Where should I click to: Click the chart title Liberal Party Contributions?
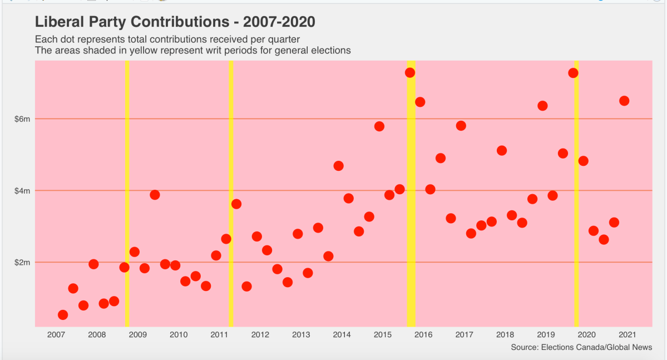175,22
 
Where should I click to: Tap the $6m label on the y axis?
22,119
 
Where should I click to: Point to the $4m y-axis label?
22,191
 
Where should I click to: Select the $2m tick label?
22,262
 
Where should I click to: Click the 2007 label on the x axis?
56,334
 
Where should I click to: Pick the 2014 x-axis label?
342,334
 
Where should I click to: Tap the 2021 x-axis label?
628,334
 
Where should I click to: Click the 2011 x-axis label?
219,334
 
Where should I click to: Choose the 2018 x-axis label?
505,334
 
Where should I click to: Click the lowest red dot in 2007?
63,315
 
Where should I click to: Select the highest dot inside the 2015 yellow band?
410,73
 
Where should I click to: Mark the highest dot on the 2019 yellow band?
573,73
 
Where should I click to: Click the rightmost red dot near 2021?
624,101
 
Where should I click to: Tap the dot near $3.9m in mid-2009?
155,195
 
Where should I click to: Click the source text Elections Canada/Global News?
581,347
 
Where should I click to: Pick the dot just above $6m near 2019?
542,106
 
